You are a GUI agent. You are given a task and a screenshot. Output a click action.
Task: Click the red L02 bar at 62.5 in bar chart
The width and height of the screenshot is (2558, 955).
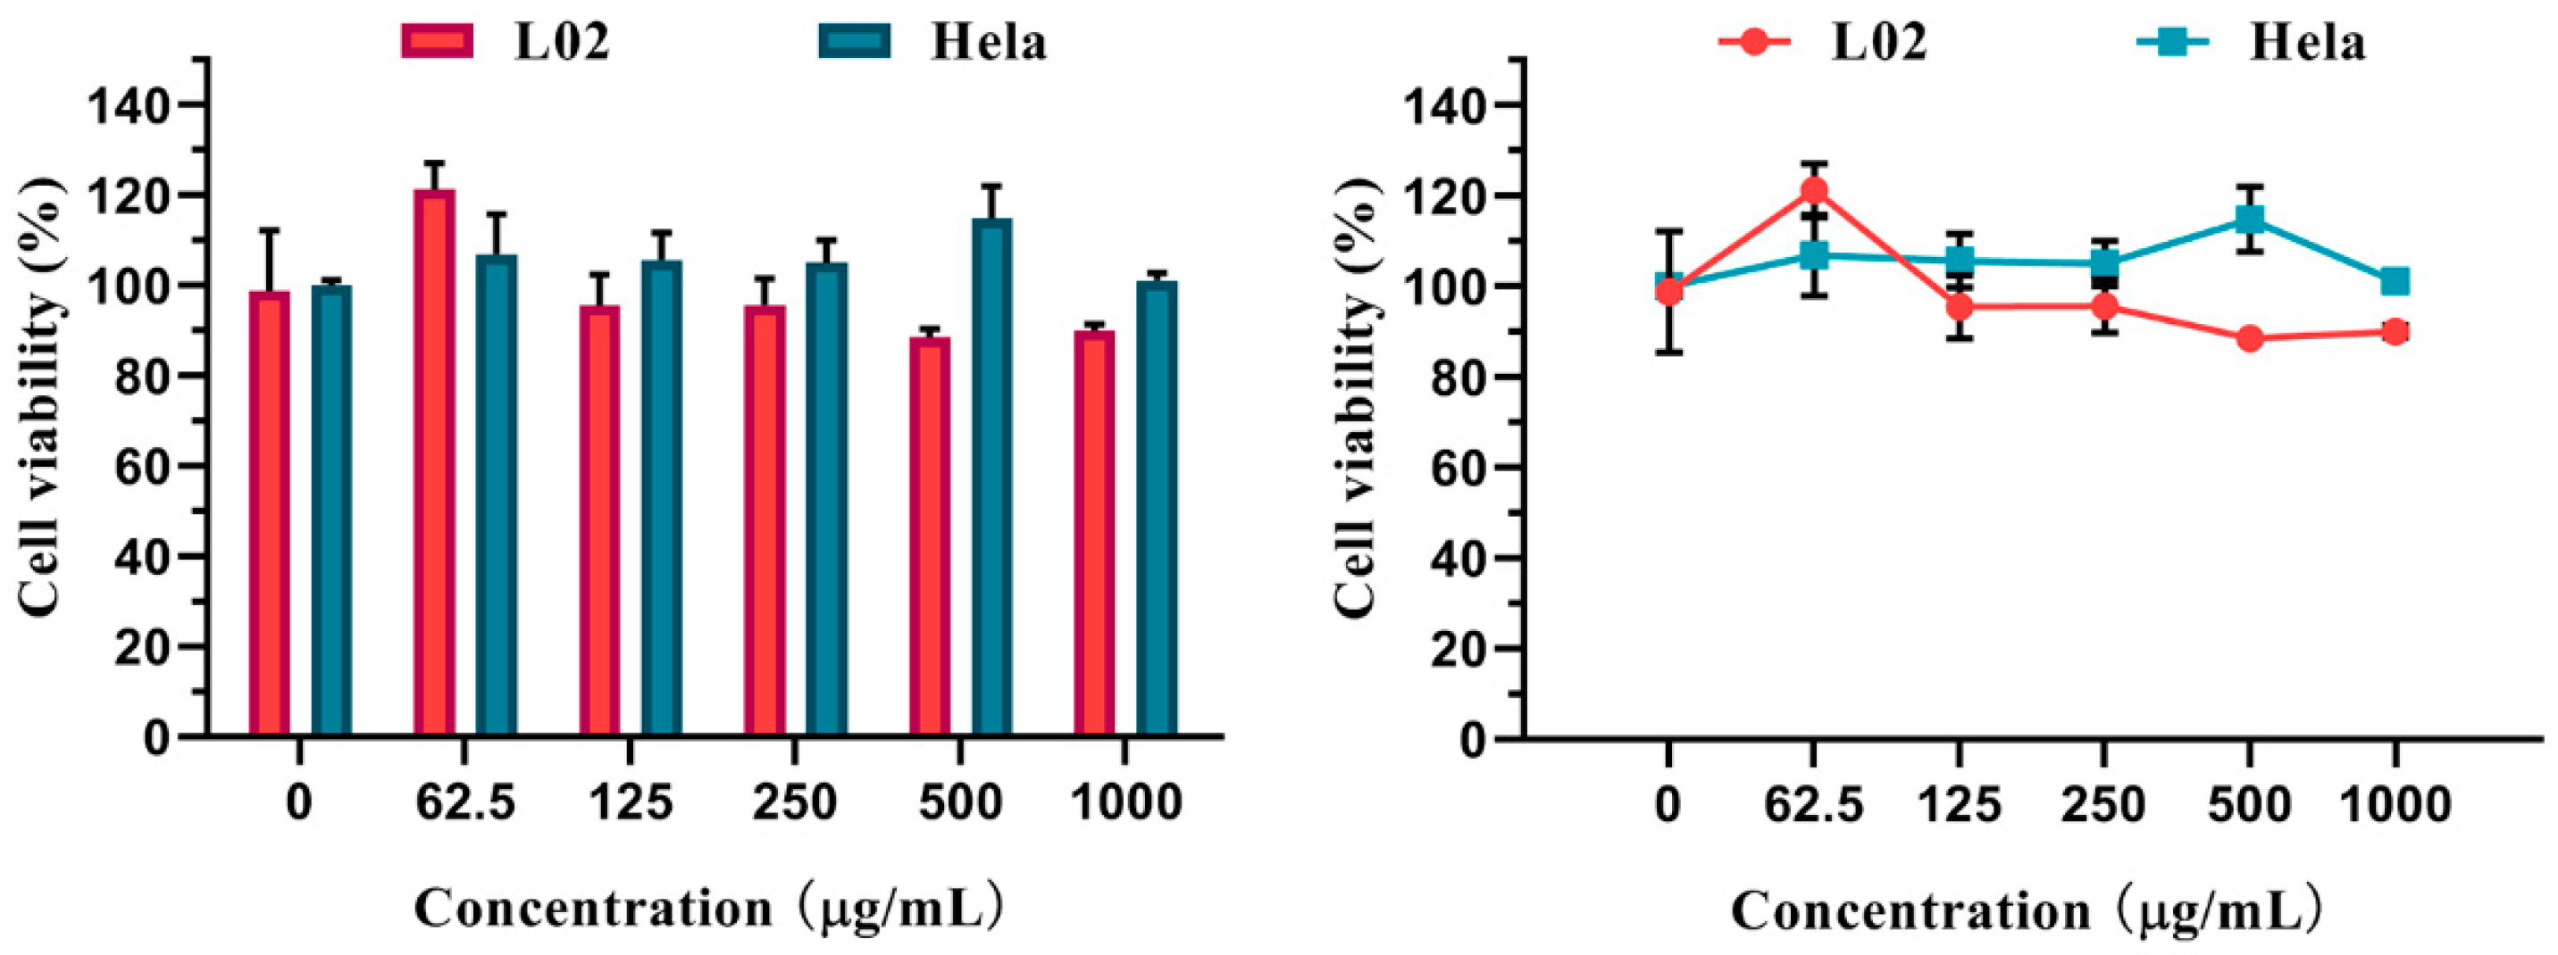434,461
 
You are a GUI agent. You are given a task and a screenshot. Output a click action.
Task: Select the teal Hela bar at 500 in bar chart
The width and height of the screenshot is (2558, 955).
991,477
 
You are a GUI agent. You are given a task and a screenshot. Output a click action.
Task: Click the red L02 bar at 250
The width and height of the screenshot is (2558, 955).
765,520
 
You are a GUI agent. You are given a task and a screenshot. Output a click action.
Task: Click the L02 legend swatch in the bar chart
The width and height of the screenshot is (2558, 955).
437,42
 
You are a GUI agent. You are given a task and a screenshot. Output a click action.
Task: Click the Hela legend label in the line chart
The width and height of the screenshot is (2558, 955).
2307,43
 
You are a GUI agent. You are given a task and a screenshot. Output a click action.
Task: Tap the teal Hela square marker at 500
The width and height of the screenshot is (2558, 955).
2250,219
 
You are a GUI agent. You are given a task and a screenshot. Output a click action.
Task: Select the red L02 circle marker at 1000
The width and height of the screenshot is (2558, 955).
2395,331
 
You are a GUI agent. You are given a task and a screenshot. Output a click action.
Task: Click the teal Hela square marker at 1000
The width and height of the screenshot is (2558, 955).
2395,282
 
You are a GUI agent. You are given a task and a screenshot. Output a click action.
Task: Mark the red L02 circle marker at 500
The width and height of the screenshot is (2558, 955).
2250,338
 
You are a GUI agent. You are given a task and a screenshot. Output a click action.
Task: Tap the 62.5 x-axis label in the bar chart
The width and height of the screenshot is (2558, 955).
465,803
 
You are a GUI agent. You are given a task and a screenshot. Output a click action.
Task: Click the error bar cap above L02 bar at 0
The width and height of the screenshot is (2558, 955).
269,230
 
